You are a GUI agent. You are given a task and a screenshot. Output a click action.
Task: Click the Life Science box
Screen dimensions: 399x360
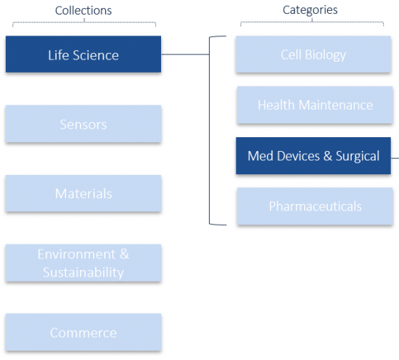83,54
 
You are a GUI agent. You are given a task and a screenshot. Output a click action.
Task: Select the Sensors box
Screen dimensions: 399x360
83,123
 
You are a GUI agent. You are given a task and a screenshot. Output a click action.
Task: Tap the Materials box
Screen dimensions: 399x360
83,193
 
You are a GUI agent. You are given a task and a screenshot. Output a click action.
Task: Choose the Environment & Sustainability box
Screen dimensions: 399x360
83,263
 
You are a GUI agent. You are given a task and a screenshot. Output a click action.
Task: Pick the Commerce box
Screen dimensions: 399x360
83,332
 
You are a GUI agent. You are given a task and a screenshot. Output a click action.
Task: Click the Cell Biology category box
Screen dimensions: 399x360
313,54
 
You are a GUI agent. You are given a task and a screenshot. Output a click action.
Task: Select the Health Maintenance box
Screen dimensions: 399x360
315,105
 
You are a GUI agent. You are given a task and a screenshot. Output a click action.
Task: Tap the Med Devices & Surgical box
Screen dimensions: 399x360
313,156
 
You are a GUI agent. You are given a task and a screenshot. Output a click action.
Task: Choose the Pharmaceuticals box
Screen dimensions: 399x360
315,206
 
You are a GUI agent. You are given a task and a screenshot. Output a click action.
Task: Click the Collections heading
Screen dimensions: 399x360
83,11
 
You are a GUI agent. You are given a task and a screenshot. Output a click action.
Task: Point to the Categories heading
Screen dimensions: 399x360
310,10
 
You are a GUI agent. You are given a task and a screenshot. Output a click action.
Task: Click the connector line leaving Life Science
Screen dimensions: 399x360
185,54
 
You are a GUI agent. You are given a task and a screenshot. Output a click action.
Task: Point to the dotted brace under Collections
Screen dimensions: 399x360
84,22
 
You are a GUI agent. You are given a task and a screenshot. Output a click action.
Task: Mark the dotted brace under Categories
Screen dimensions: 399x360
312,22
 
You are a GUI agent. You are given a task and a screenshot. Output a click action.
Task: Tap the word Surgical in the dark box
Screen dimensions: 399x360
358,156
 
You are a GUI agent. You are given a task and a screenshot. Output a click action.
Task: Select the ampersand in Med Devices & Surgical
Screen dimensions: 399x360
328,156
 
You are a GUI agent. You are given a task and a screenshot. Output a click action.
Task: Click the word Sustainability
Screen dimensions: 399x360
83,272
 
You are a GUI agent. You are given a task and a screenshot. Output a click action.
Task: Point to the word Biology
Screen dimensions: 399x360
326,55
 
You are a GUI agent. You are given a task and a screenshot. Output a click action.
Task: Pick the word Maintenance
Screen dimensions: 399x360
336,105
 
